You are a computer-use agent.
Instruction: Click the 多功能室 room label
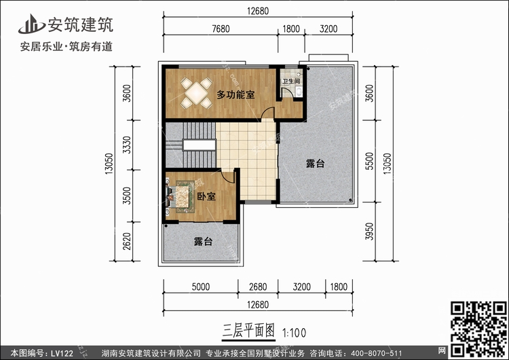pos(235,95)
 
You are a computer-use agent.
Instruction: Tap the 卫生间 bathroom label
pos(291,82)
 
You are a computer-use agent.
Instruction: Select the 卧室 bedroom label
pos(206,196)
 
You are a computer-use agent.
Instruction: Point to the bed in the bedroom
pos(183,199)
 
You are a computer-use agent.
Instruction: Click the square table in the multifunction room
pos(197,93)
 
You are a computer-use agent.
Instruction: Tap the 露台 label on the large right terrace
pos(315,163)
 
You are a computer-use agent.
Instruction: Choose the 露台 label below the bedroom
pos(203,241)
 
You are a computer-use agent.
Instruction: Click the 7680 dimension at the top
pos(221,29)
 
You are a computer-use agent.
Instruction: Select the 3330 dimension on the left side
pos(128,145)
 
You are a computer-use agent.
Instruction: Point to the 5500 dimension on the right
pos(369,161)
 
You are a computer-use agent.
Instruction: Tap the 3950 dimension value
pos(369,232)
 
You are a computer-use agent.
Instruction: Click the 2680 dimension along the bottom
pos(258,287)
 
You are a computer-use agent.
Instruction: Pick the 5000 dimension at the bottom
pos(201,287)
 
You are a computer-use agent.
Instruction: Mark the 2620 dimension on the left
pos(128,241)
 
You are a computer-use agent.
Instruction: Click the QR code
pos(478,329)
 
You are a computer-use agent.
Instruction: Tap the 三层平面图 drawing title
pos(248,331)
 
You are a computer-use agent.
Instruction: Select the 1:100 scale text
pos(294,333)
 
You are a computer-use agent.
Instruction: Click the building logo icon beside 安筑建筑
pos(31,24)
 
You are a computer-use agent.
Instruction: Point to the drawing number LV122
pos(62,353)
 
